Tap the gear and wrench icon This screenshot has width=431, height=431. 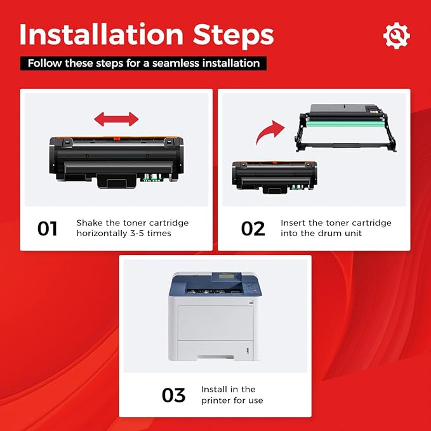pos(396,36)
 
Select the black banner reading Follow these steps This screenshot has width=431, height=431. pos(143,63)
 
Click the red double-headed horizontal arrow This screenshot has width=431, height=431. pos(116,119)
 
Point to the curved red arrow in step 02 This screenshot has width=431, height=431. pos(269,133)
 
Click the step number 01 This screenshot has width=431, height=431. pos(48,229)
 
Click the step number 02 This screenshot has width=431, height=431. pos(253,229)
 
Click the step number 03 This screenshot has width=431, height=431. pos(173,395)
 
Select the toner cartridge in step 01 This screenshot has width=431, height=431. pos(116,159)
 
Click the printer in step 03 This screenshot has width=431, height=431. pos(216,317)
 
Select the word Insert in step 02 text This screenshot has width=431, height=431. pos(293,223)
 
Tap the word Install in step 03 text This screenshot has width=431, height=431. pos(215,389)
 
